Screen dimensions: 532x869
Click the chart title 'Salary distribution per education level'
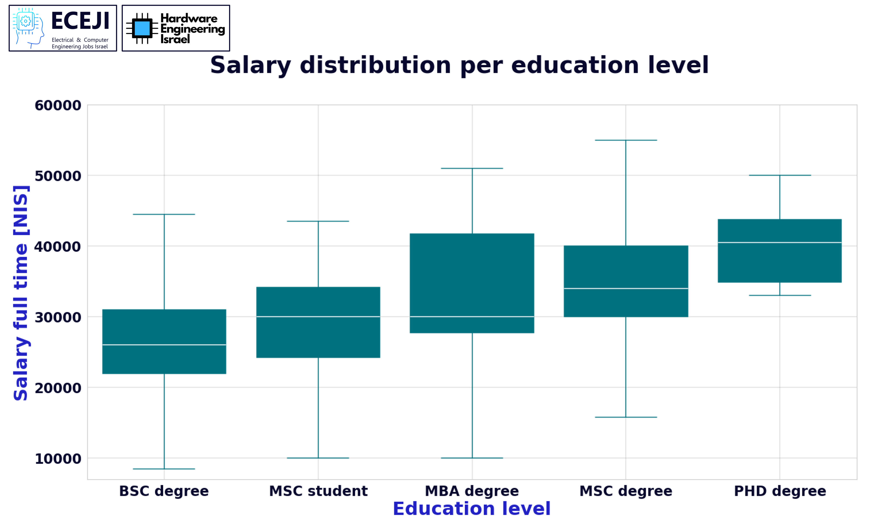pos(459,65)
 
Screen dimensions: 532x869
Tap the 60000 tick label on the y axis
pos(58,106)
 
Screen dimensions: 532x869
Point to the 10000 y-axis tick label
pos(58,459)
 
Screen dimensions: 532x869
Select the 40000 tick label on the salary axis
pos(58,247)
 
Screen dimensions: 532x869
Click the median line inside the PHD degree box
pos(780,242)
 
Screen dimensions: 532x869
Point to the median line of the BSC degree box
pos(164,345)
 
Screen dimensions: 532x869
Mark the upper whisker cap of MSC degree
pos(626,140)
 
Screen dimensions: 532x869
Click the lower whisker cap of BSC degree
pos(164,469)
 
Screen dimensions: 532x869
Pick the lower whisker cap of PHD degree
pos(780,295)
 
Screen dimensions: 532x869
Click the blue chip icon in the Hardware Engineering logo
pos(142,28)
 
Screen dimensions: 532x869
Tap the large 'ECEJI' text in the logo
pos(80,21)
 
